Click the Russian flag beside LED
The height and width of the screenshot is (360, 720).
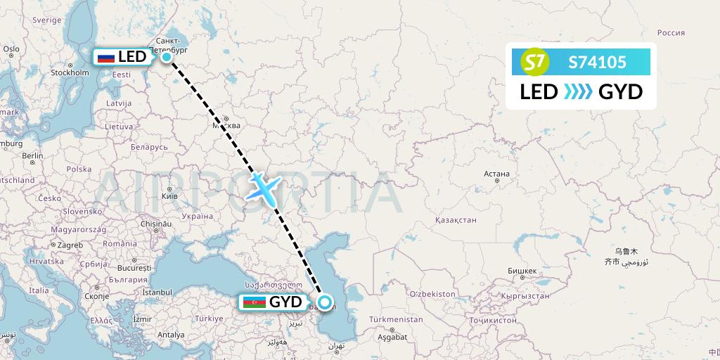pos(106,57)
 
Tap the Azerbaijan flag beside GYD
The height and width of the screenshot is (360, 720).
pos(254,302)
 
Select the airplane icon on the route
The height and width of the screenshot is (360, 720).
pos(264,187)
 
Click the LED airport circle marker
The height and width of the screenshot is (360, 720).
pos(167,57)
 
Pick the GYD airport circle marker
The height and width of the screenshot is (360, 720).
pos(325,302)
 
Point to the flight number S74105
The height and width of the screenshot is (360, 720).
pos(597,63)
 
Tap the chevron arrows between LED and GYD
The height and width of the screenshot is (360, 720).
pos(578,91)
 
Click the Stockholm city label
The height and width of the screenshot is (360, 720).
pos(69,72)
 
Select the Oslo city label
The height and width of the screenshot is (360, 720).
pos(11,49)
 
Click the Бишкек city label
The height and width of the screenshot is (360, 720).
pos(522,271)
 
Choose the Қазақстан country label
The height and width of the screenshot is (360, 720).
pos(456,219)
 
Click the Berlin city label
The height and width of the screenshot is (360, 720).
pos(32,155)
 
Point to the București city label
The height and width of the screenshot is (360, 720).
pos(134,268)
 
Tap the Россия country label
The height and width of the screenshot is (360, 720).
pos(670,32)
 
